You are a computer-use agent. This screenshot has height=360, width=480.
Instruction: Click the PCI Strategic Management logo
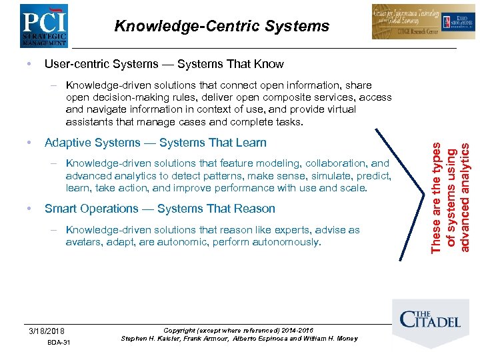[x=44, y=25]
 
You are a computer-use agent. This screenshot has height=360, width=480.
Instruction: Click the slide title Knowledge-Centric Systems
[x=221, y=26]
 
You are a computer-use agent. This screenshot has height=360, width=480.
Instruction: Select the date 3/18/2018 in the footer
[x=47, y=331]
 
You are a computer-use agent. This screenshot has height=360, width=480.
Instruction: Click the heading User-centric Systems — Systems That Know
[x=163, y=64]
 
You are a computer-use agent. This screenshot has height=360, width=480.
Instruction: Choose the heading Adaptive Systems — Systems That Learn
[x=155, y=143]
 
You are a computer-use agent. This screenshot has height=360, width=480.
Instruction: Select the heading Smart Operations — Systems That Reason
[x=159, y=209]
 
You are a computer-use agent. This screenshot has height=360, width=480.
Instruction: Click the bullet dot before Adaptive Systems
[x=25, y=143]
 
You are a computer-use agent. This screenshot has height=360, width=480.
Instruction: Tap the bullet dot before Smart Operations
[x=25, y=209]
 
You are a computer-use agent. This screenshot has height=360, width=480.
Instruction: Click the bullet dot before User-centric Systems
[x=25, y=64]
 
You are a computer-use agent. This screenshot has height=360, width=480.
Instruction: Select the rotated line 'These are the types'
[x=436, y=199]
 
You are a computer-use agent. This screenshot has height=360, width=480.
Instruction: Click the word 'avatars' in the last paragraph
[x=83, y=242]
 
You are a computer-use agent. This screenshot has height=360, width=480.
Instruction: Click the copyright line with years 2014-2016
[x=238, y=330]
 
